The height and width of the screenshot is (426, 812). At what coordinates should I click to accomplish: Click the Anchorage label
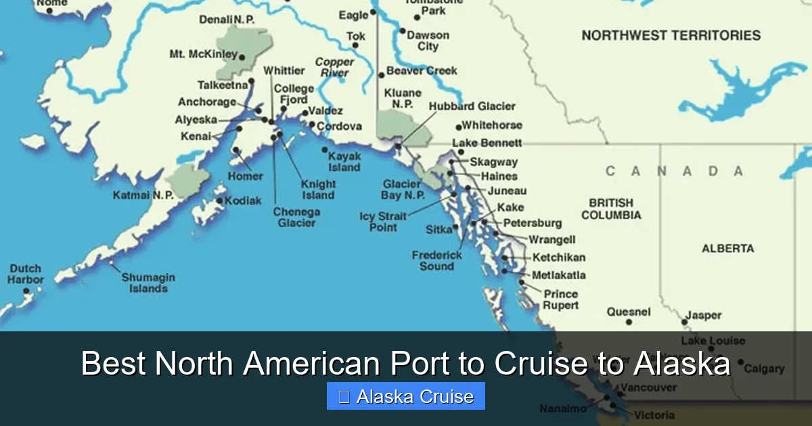(x=206, y=102)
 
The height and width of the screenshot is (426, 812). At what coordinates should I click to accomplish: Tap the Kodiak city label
(x=243, y=201)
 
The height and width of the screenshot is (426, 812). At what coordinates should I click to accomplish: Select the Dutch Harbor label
(x=26, y=274)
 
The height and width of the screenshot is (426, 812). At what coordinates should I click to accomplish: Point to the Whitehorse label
(x=492, y=125)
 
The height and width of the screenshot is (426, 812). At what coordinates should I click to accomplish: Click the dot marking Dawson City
(x=403, y=31)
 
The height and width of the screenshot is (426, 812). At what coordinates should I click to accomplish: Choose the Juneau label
(x=507, y=191)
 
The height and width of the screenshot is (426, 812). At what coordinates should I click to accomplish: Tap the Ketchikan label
(x=559, y=258)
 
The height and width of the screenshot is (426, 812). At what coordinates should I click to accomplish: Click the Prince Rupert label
(x=561, y=300)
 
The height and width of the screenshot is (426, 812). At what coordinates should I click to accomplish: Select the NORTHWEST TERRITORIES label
(x=671, y=35)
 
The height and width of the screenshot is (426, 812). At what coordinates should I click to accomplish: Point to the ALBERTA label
(x=727, y=249)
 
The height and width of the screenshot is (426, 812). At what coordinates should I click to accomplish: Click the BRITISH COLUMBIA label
(x=611, y=209)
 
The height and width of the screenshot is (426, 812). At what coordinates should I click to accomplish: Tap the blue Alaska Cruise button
(x=405, y=396)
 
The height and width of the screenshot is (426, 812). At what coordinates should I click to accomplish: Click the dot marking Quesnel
(x=629, y=323)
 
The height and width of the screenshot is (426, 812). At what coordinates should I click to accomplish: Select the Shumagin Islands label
(x=148, y=283)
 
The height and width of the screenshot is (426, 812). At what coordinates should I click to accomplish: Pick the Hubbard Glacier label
(x=472, y=106)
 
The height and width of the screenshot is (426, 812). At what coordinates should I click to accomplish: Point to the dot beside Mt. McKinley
(x=242, y=56)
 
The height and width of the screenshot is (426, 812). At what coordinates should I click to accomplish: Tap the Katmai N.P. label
(x=143, y=195)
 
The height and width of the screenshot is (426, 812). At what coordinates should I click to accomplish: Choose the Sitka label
(x=438, y=230)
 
